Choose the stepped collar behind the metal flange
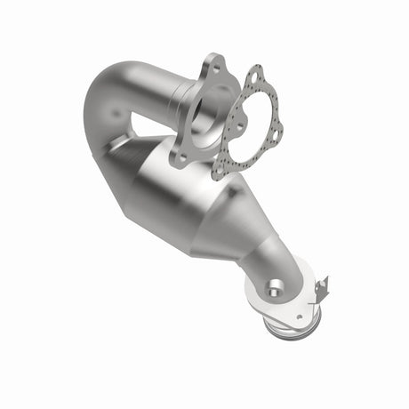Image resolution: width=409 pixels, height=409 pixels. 182,98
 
